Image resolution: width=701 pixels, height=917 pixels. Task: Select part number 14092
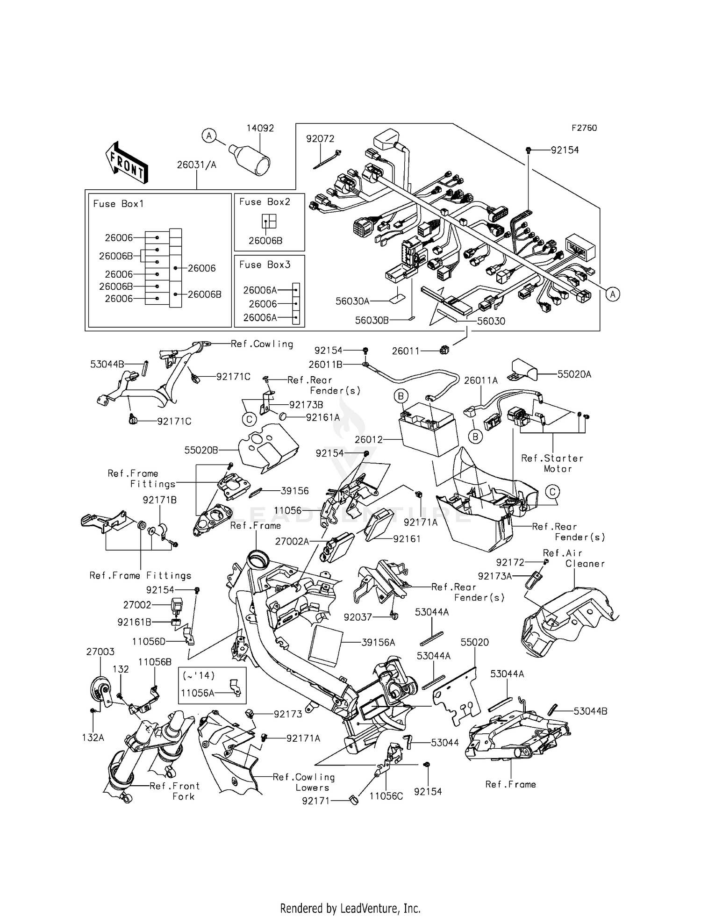pos(260,128)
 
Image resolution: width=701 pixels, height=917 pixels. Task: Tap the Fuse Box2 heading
pos(265,202)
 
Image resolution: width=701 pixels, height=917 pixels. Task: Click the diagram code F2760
pos(584,128)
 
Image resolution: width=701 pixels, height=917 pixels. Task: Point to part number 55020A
pos(574,374)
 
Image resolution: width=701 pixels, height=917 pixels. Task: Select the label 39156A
pos(378,643)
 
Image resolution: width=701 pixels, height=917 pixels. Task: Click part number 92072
pos(320,139)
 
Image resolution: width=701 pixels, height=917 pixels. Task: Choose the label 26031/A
pos(196,165)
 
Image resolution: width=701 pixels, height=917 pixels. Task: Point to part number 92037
pos(358,617)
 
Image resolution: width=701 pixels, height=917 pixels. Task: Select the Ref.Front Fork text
pos(175,791)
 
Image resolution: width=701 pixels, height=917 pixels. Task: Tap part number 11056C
pos(386,796)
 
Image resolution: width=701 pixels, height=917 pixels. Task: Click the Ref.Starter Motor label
pos(552,463)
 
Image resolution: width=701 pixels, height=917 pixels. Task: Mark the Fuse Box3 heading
pos(265,265)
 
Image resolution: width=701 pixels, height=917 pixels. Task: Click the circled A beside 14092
pos(209,136)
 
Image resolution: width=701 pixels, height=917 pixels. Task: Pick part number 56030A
pos(352,301)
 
